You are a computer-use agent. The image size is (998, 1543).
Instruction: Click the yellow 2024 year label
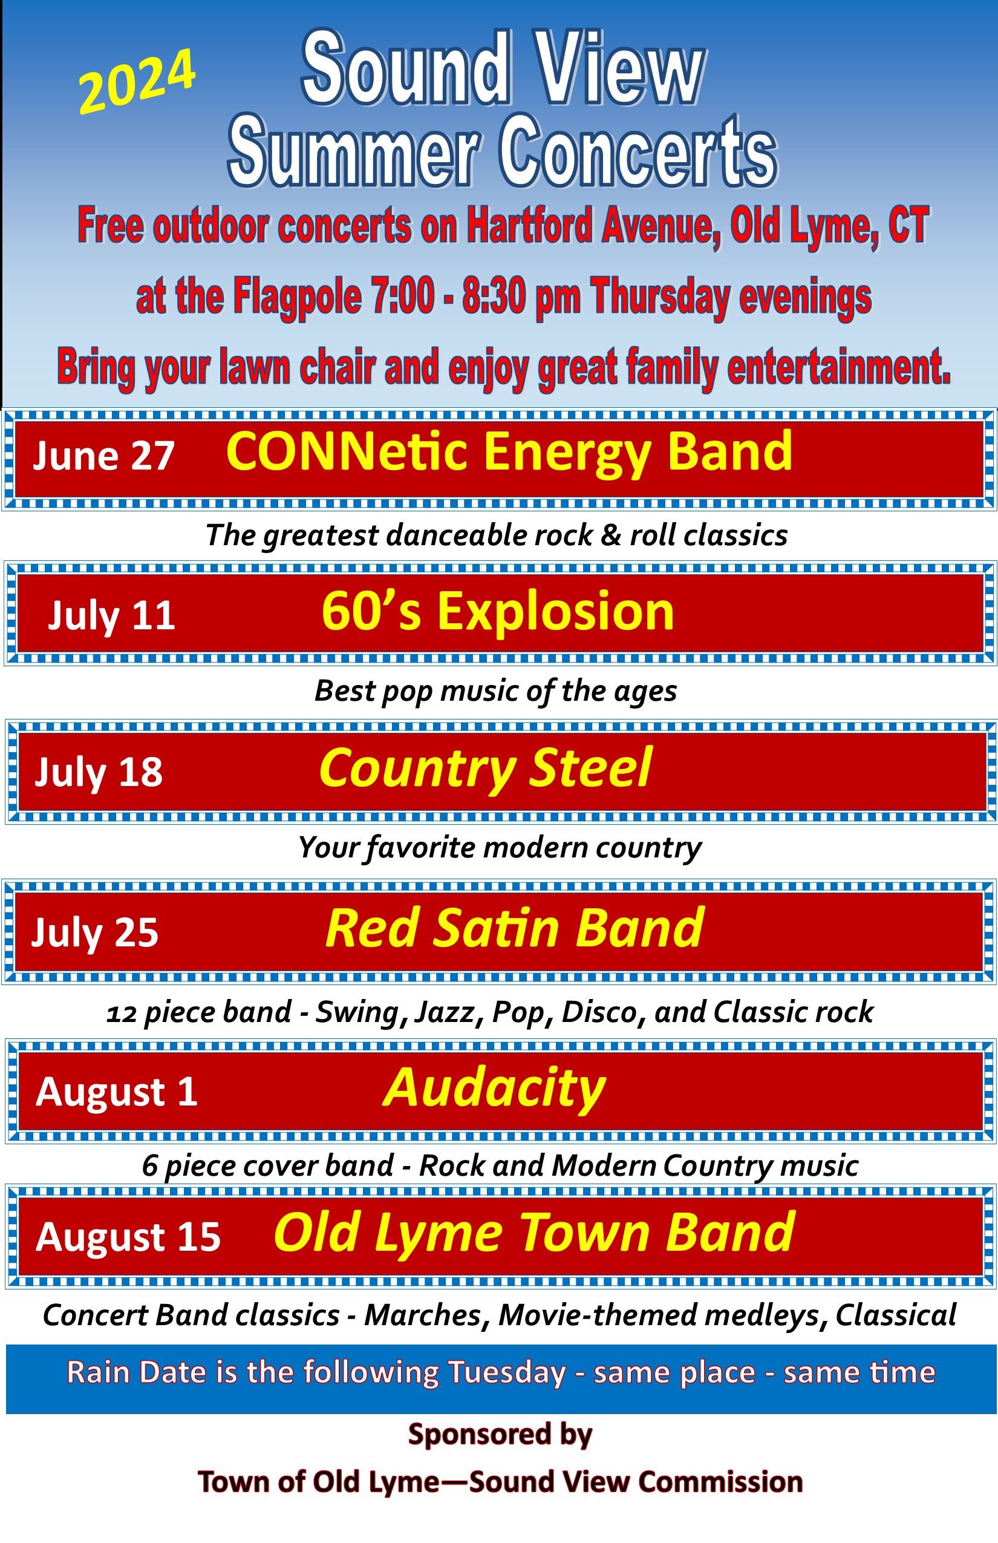click(137, 81)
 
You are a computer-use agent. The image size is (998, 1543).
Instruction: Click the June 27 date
click(103, 455)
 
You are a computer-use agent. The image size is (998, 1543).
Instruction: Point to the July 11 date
click(111, 615)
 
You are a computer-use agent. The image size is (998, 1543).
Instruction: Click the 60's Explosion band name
click(498, 611)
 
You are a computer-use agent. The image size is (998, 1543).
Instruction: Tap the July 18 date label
click(99, 772)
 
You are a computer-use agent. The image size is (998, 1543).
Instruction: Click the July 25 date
click(94, 933)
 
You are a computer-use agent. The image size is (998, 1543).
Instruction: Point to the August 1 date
click(117, 1092)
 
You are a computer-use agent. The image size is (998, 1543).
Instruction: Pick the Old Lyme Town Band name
click(535, 1234)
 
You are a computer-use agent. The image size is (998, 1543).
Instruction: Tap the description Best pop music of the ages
click(496, 691)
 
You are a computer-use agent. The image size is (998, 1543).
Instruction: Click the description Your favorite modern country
click(500, 848)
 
